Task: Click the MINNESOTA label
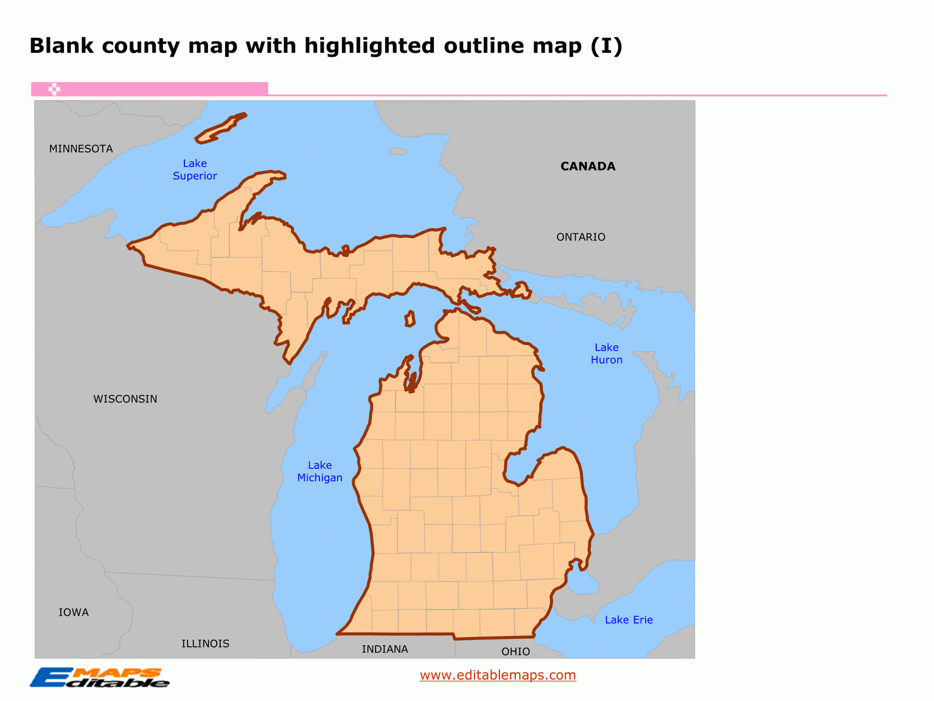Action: (x=81, y=149)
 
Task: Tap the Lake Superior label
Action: (x=195, y=169)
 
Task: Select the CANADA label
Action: (x=588, y=166)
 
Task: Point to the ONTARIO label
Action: (x=580, y=237)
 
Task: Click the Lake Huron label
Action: (x=606, y=353)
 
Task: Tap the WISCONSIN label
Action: (x=125, y=399)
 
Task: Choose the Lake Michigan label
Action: (x=319, y=471)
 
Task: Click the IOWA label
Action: (x=74, y=612)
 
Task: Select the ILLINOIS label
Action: (x=205, y=644)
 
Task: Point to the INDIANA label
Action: (x=385, y=649)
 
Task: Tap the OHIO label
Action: (x=515, y=652)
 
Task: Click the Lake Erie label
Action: (x=629, y=620)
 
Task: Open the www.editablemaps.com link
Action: (x=498, y=675)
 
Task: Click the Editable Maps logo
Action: (x=99, y=677)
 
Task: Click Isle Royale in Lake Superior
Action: (x=220, y=129)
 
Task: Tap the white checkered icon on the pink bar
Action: (x=54, y=89)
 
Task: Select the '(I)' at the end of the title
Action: (x=606, y=46)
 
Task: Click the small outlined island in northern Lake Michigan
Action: (x=410, y=319)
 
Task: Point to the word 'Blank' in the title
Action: (x=61, y=46)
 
